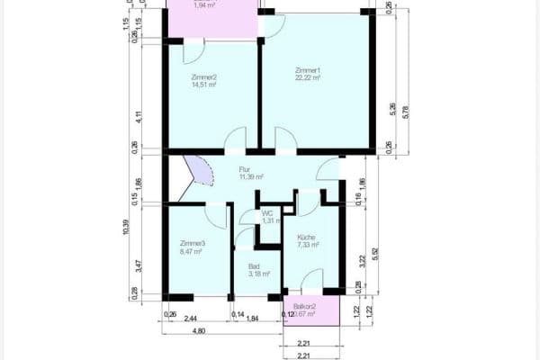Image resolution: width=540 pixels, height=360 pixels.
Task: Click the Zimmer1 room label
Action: pos(308,70)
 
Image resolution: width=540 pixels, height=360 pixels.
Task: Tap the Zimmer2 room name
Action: pos(204,77)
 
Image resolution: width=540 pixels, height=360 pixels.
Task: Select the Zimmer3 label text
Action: pos(193,244)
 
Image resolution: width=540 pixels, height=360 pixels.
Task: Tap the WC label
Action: pos(267,213)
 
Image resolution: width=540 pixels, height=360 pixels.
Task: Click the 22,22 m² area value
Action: pos(308,78)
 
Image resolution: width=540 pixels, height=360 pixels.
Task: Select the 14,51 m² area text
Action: pos(204,85)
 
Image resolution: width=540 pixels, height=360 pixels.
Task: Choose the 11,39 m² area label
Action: pos(250,177)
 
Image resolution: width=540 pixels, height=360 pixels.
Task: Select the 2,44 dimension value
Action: pos(192,319)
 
